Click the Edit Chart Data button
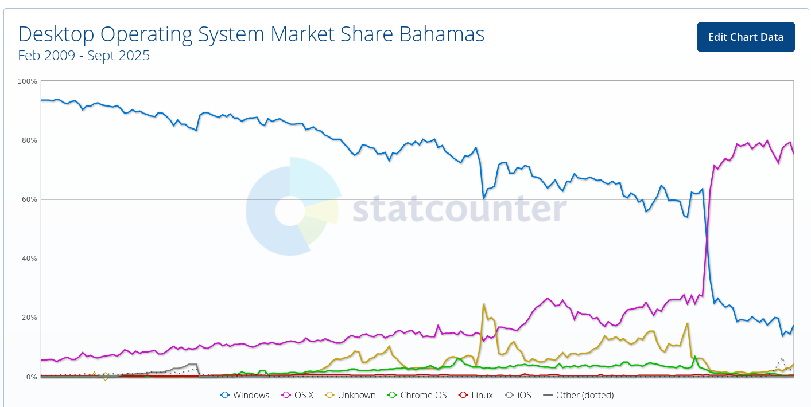[x=746, y=37]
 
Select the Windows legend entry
[x=245, y=395]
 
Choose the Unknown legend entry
[x=351, y=395]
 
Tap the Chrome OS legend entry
[x=417, y=395]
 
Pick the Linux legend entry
[x=476, y=395]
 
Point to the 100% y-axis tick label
[x=27, y=81]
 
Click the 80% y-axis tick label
[x=29, y=140]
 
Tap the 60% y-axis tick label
[x=29, y=199]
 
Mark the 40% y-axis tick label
[x=29, y=259]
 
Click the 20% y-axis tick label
[x=29, y=318]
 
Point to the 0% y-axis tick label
[x=31, y=377]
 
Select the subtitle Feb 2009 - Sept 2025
[x=84, y=56]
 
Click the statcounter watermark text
[x=459, y=209]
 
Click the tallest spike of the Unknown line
[x=484, y=304]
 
